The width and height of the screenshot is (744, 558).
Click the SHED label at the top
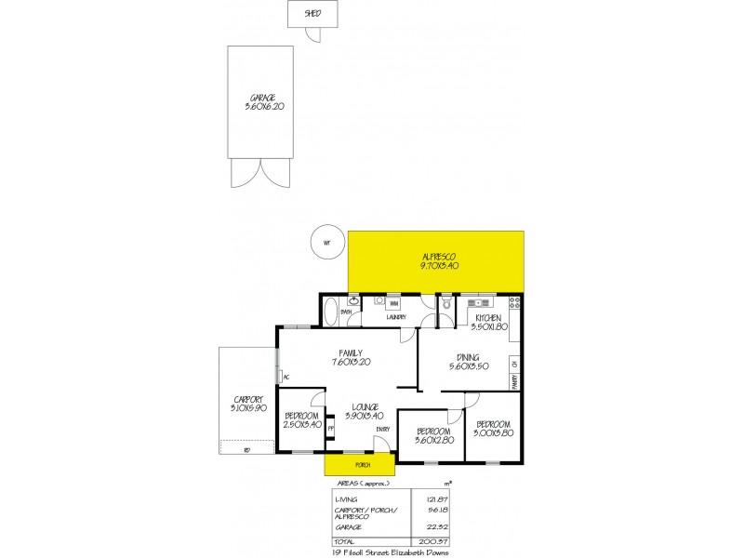click(312, 13)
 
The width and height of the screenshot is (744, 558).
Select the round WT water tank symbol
click(326, 243)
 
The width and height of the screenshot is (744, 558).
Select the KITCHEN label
click(488, 318)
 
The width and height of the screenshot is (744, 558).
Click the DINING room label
click(468, 356)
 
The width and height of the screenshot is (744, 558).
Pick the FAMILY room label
click(351, 352)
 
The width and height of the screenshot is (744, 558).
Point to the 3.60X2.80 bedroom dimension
click(434, 440)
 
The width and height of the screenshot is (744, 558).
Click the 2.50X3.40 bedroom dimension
click(302, 424)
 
